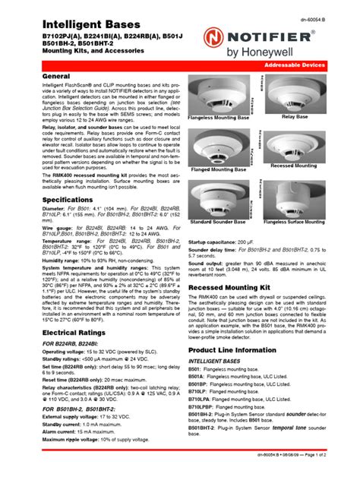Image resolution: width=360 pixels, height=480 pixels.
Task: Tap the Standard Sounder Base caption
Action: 219,222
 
